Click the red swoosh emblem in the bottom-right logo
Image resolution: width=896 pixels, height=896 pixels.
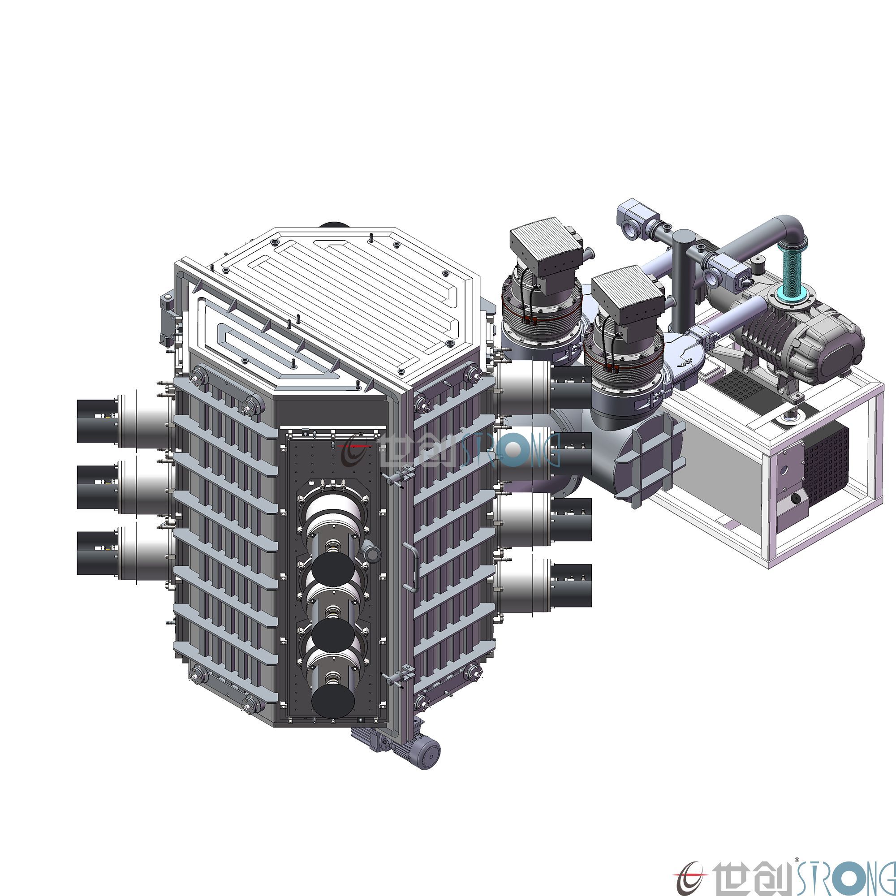[691, 877]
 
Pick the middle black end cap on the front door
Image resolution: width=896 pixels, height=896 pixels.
[333, 635]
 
